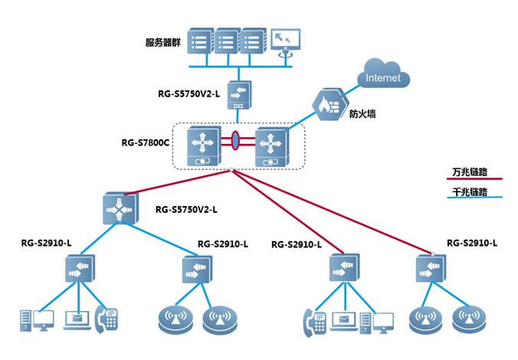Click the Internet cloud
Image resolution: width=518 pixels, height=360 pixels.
[382, 77]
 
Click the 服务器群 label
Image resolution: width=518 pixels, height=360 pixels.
[162, 41]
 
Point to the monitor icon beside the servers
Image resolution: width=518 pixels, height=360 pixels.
[285, 42]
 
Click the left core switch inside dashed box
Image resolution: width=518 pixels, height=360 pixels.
[204, 145]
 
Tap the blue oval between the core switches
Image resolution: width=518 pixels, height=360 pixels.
[237, 141]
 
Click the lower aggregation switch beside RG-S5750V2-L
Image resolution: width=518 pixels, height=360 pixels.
[120, 209]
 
